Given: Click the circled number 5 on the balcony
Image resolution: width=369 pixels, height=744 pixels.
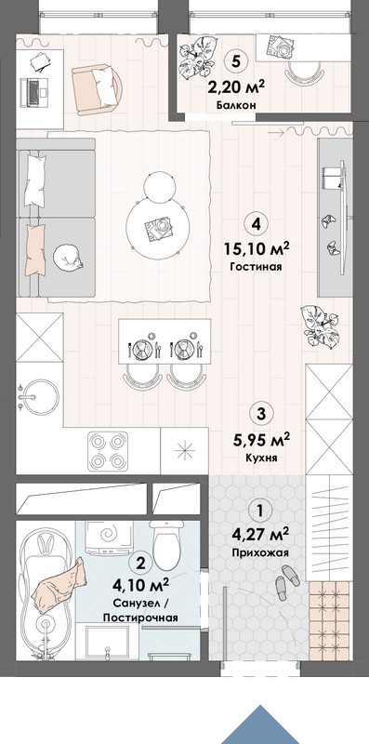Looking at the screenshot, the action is click(x=235, y=60).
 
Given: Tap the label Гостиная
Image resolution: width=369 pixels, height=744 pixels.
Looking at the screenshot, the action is click(x=257, y=267).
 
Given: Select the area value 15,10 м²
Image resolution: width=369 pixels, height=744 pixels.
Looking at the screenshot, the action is click(x=257, y=248).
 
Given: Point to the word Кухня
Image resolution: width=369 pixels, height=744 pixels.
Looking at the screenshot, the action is click(x=261, y=458).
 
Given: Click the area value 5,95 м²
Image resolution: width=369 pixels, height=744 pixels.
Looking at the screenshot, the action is click(x=261, y=440).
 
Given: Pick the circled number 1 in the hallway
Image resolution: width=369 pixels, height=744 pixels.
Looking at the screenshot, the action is click(x=259, y=511).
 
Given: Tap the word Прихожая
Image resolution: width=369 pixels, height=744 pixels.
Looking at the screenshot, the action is click(x=260, y=552).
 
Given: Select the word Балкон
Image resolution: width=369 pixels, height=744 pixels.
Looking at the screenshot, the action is click(x=236, y=105).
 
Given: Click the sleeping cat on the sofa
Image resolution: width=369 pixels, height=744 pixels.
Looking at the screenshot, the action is click(x=67, y=258).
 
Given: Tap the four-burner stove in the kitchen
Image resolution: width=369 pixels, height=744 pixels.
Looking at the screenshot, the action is click(x=108, y=452).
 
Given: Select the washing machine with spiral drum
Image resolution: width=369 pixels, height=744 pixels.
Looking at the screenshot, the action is click(x=108, y=537).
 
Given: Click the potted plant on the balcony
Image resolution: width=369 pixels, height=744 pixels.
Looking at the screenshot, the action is click(x=195, y=60).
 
